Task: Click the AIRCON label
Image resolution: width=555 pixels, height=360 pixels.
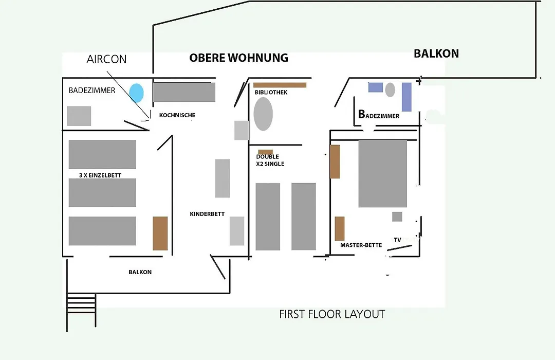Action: [106, 59]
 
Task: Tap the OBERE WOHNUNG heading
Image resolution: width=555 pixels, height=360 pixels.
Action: [238, 58]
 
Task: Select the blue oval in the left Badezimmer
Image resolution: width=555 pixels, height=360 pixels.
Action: [136, 93]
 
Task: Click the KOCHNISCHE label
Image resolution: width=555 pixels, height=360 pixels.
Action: [177, 115]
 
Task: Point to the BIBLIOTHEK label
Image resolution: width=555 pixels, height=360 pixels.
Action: [271, 92]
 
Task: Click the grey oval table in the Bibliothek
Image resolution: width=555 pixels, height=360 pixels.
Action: [263, 114]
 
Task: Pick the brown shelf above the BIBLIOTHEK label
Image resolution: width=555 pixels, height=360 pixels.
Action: [280, 85]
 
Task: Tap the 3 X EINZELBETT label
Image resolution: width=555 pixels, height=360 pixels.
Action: [100, 175]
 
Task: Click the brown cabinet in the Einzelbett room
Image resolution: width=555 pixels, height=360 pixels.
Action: [160, 233]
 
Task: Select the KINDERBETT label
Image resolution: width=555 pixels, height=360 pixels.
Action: [207, 213]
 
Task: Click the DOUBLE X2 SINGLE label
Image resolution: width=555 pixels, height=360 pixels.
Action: [270, 160]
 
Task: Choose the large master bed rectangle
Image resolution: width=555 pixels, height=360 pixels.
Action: [383, 174]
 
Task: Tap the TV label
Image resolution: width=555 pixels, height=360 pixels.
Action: [397, 240]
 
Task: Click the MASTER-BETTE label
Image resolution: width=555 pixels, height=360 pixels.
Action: [361, 245]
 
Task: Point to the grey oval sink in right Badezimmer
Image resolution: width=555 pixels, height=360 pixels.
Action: [390, 89]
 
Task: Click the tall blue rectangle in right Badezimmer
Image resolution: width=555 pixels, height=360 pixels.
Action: [406, 97]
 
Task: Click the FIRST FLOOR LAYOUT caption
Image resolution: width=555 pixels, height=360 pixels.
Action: [331, 314]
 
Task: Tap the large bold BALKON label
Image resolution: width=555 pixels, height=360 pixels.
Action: [436, 53]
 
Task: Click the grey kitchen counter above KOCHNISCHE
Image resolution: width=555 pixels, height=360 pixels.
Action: [184, 92]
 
